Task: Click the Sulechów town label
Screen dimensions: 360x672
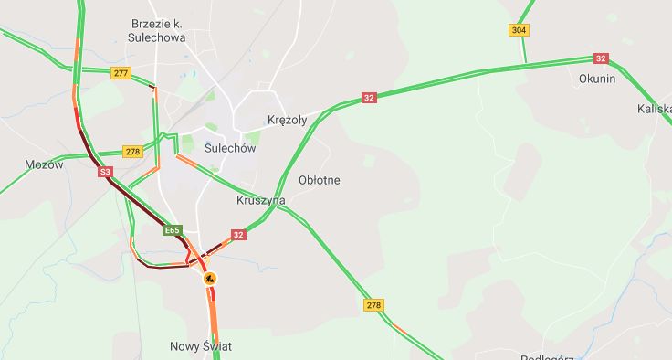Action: tap(230, 147)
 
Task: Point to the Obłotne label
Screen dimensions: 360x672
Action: tap(319, 180)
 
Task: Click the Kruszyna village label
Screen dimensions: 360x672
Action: tap(261, 200)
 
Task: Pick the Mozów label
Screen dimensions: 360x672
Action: tap(44, 165)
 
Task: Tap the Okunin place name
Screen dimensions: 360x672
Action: tap(597, 79)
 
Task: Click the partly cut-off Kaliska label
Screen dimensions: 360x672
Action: tap(656, 109)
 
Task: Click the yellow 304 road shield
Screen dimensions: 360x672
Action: tap(519, 30)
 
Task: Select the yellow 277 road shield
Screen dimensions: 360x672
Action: tap(121, 72)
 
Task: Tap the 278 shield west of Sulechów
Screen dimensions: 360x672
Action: tap(132, 152)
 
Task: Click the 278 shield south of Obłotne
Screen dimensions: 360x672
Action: tap(373, 304)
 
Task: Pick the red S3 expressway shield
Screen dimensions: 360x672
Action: tap(105, 171)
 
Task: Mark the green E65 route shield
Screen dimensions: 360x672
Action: tap(172, 230)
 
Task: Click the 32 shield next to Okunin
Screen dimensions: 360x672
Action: tap(600, 58)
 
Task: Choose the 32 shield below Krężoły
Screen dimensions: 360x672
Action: tap(369, 98)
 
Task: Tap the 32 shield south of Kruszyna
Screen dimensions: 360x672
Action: tap(238, 235)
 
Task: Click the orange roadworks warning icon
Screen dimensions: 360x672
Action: tap(210, 277)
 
